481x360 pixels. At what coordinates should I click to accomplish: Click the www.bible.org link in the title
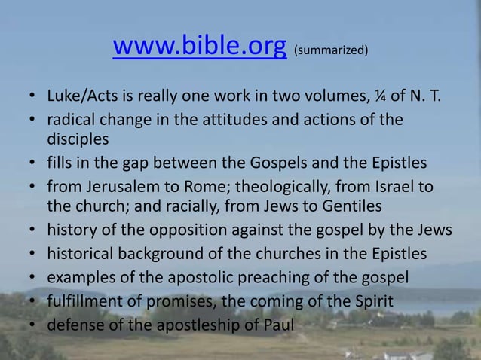click(199, 47)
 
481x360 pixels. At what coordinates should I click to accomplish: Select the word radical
click(71, 120)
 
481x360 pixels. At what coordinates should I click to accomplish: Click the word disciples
click(78, 139)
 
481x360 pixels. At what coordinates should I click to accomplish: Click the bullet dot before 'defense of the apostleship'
click(33, 325)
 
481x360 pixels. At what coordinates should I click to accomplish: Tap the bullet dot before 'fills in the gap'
click(33, 162)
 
